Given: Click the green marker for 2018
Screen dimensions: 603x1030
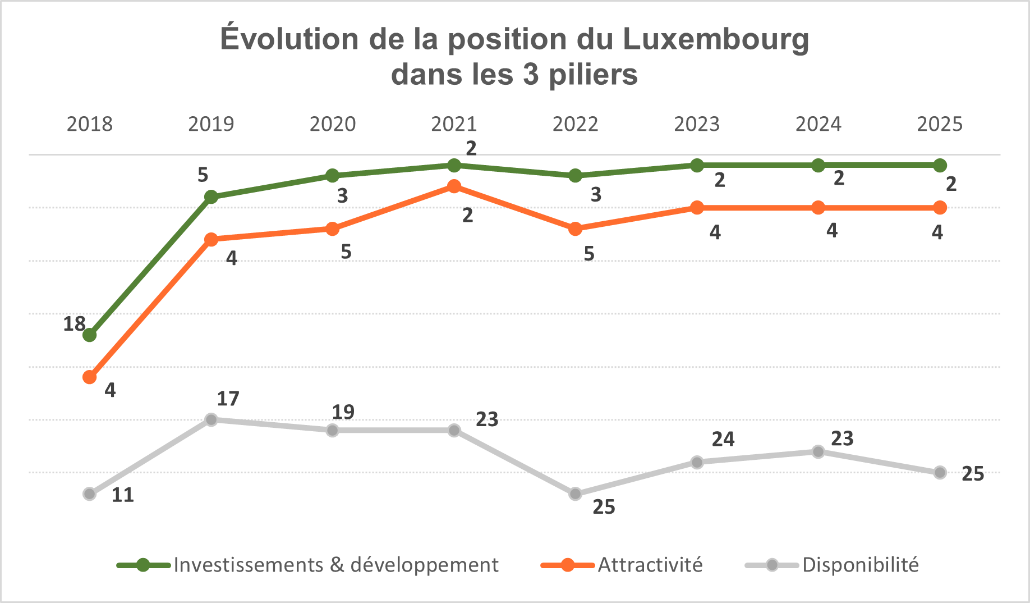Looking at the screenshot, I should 90,335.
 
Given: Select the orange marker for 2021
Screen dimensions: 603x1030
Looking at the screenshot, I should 454,186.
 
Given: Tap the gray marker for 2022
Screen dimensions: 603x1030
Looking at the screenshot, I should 575,494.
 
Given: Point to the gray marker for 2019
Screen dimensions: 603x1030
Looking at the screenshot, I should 211,419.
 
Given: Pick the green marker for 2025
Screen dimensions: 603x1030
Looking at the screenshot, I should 940,165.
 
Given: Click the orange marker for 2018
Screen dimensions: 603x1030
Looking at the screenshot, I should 90,377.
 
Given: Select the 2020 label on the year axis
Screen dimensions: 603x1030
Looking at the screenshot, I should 333,124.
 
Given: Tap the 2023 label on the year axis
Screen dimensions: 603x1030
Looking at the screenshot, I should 697,124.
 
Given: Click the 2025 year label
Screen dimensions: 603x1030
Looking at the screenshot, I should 940,124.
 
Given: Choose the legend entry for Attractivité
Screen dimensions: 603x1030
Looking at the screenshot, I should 650,565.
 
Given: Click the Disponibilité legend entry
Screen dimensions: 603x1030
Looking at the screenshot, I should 861,565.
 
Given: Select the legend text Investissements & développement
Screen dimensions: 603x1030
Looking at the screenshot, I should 336,565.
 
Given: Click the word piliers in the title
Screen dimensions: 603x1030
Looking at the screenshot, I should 593,75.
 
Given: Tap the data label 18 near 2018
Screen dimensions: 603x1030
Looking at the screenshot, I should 74,324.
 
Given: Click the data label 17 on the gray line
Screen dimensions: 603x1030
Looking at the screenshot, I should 228,399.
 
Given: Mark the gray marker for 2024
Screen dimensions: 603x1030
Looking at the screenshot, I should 819,451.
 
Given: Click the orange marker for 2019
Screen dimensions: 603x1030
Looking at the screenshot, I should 211,240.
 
